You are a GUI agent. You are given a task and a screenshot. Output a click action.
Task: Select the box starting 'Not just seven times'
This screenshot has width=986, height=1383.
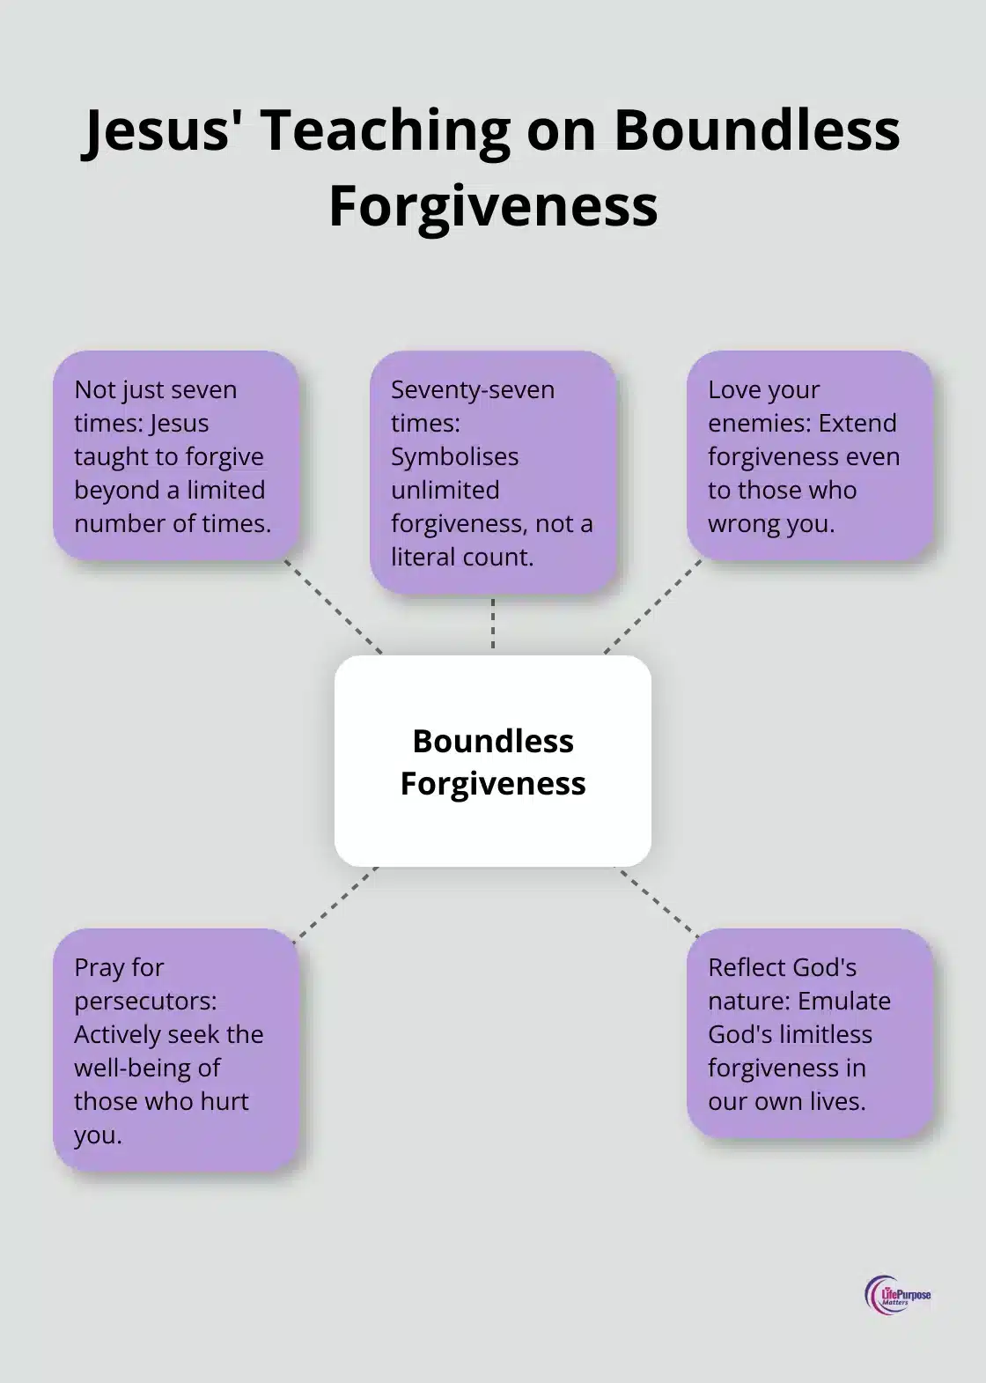pos(176,455)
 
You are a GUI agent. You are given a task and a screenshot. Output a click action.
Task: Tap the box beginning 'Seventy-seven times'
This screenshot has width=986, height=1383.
pos(493,473)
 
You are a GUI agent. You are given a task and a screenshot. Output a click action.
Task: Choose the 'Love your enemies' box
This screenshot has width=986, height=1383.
pos(809,455)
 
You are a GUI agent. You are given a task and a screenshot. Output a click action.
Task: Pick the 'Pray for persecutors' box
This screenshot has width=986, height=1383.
pos(176,1050)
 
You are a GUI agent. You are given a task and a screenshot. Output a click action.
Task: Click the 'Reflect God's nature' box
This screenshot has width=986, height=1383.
pos(809,1033)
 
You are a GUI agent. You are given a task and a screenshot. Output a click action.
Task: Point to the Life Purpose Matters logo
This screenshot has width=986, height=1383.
pos(897,1296)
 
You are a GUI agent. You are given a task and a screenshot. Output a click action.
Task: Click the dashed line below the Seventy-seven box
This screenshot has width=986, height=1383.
pos(493,624)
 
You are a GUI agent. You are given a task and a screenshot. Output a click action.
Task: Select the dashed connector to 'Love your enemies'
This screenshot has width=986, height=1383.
pos(652,606)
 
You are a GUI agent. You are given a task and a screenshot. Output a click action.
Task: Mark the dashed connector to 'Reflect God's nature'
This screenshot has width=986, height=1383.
pos(656,900)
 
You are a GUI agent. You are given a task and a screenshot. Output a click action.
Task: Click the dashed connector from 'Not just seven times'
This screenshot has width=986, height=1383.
pos(333,606)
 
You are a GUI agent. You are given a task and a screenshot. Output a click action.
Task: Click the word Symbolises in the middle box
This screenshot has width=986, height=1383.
pos(454,456)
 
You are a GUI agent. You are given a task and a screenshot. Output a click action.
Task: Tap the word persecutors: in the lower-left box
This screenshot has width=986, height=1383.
pos(145,1001)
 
